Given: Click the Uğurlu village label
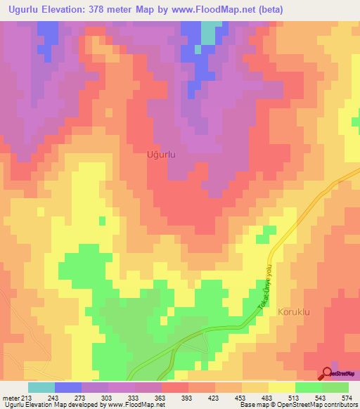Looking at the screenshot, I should click(160, 153).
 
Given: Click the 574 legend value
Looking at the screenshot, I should click(347, 398).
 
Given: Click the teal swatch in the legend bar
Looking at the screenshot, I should click(41, 387).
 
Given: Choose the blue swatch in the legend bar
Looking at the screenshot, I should click(68, 387).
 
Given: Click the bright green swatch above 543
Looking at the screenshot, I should click(309, 387).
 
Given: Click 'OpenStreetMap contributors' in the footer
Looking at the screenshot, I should click(321, 405).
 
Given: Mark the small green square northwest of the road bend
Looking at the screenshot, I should click(267, 234).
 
